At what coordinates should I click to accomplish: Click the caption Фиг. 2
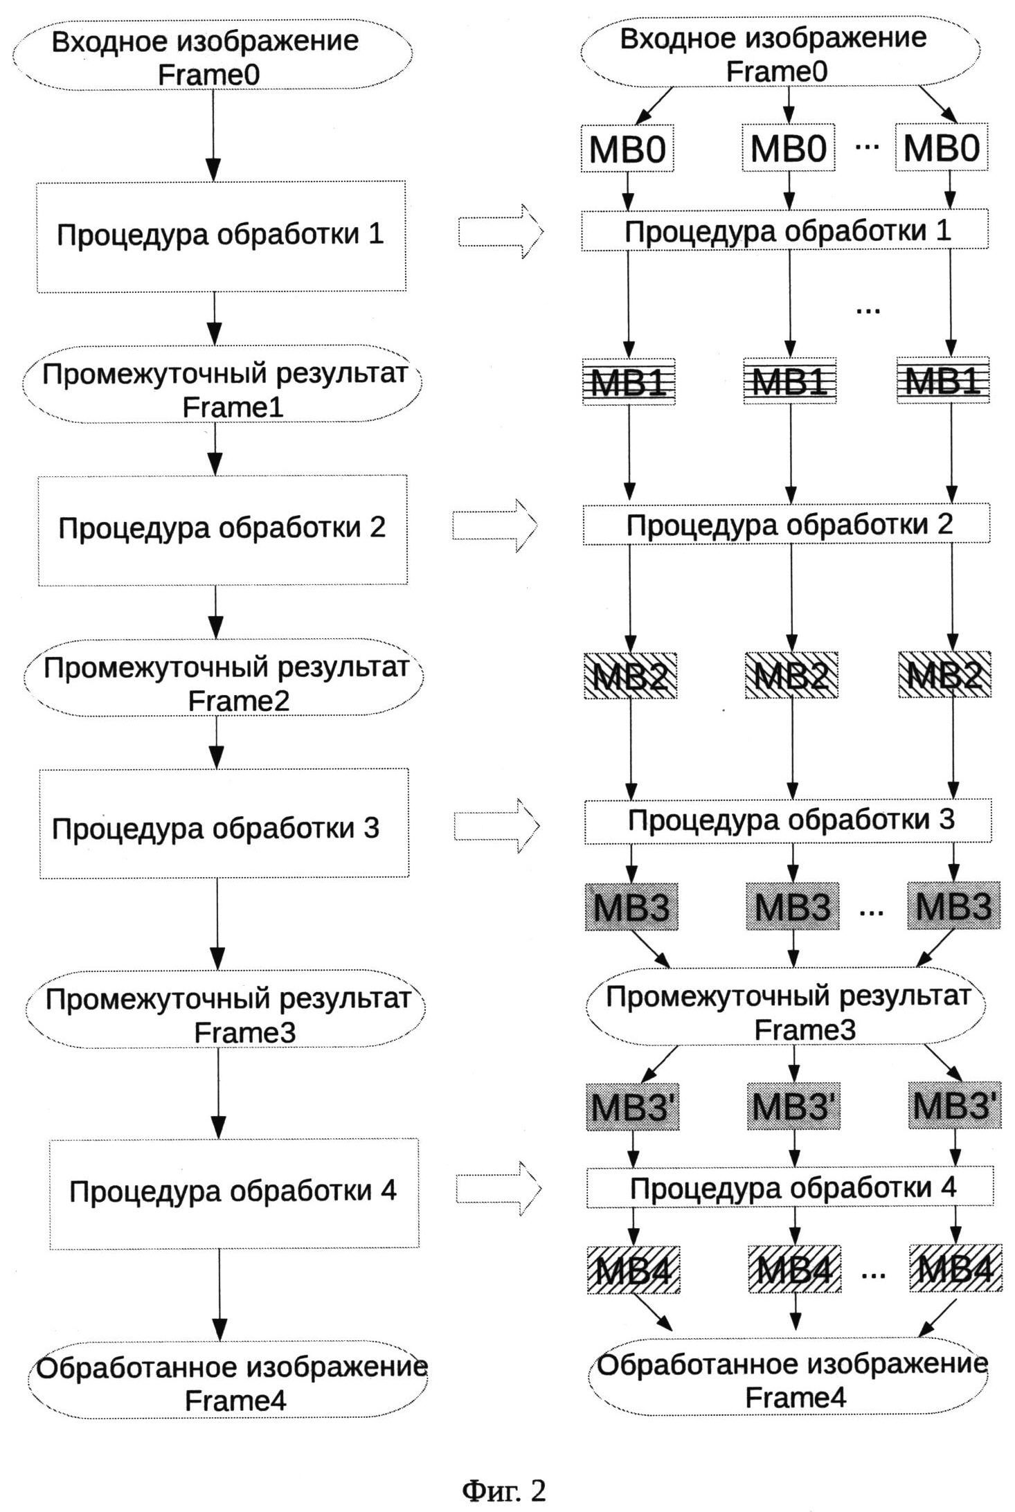(504, 1490)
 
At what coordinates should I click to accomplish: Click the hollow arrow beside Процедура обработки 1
(501, 231)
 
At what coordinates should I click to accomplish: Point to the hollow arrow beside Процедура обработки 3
(496, 825)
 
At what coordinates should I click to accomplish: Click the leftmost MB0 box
(627, 148)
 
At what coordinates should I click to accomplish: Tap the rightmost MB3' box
(955, 1106)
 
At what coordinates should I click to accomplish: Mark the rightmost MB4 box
(955, 1269)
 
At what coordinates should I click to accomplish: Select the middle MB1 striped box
(790, 381)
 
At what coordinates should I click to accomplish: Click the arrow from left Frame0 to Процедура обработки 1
(214, 135)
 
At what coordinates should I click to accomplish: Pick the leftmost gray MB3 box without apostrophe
(631, 906)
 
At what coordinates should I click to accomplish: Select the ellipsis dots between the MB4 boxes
(874, 1272)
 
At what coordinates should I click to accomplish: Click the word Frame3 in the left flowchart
(245, 1032)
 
